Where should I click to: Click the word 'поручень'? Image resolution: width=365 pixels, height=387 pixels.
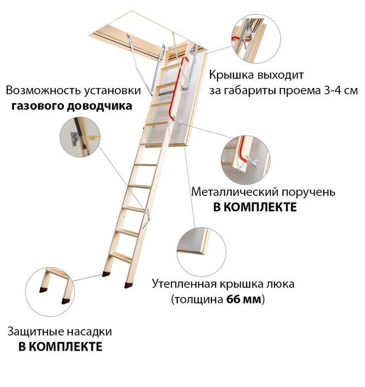(308, 192)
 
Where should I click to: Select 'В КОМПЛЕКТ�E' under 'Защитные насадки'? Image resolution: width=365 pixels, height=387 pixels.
(60, 347)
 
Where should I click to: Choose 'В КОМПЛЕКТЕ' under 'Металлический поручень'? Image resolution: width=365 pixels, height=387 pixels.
(254, 208)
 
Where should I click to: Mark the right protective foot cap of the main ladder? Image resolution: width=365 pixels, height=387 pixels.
(128, 285)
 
